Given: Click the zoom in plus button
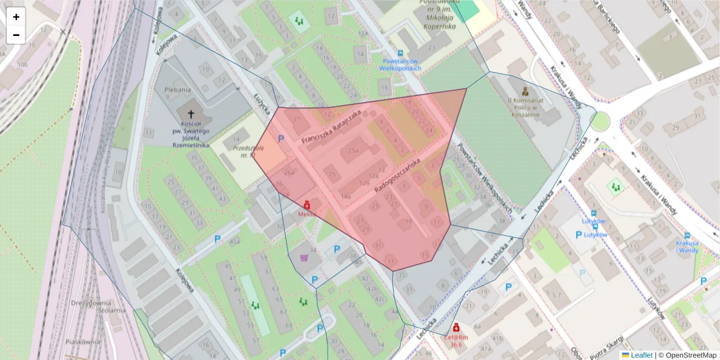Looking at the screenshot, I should pyautogui.click(x=16, y=17).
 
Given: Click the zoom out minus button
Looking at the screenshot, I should pyautogui.click(x=16, y=35).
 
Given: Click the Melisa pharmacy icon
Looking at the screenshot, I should pyautogui.click(x=307, y=205).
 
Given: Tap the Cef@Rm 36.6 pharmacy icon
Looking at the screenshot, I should pyautogui.click(x=456, y=328).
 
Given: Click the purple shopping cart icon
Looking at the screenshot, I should pyautogui.click(x=304, y=258).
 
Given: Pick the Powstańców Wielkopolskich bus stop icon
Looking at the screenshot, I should pyautogui.click(x=401, y=53).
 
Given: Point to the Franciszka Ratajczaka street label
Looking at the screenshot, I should pyautogui.click(x=331, y=127).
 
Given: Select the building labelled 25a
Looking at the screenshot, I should pyautogui.click(x=353, y=150).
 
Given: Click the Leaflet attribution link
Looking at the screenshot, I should pyautogui.click(x=641, y=355).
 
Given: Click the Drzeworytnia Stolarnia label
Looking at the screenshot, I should pyautogui.click(x=97, y=307).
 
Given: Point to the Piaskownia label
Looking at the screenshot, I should pyautogui.click(x=82, y=341).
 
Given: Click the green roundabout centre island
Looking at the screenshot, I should pyautogui.click(x=601, y=122).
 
